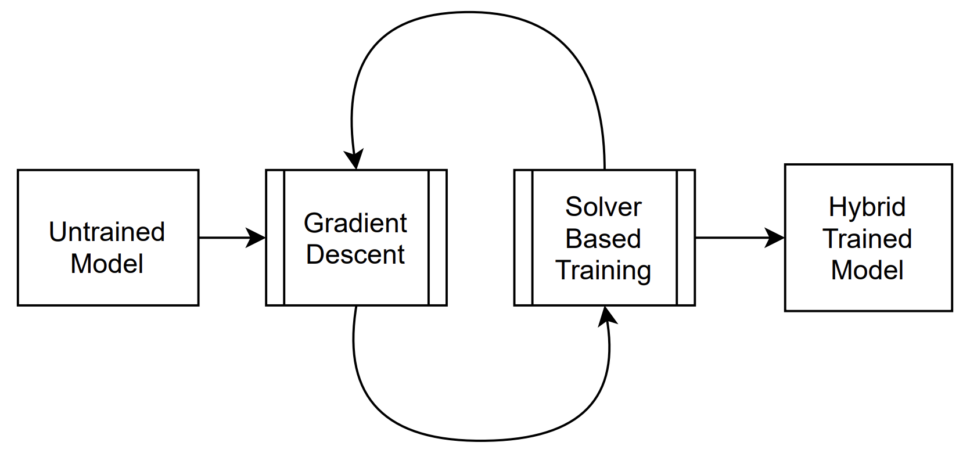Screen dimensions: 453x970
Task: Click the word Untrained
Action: [x=107, y=232]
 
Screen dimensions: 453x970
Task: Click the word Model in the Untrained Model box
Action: [x=107, y=264]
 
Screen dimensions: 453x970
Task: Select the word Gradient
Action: [x=355, y=223]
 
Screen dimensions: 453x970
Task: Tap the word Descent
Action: [x=355, y=254]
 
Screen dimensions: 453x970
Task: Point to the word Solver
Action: [x=603, y=207]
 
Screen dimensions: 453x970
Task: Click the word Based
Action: [x=603, y=239]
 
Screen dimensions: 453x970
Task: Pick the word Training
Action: [x=603, y=270]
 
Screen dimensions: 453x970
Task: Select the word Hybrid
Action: [x=867, y=207]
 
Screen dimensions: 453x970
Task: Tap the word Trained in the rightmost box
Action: [x=867, y=239]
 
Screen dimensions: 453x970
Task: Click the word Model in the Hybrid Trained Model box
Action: [x=867, y=270]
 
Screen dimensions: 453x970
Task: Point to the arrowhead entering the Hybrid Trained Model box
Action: [x=775, y=238]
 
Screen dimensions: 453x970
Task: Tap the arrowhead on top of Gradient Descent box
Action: [x=354, y=160]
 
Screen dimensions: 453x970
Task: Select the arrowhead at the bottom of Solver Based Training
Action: [x=607, y=315]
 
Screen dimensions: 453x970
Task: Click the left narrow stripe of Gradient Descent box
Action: [x=275, y=238]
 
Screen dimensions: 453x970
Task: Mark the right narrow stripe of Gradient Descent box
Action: [x=437, y=238]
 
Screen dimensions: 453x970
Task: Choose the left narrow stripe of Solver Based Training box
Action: [x=523, y=238]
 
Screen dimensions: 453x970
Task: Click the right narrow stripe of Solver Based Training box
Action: [x=686, y=238]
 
